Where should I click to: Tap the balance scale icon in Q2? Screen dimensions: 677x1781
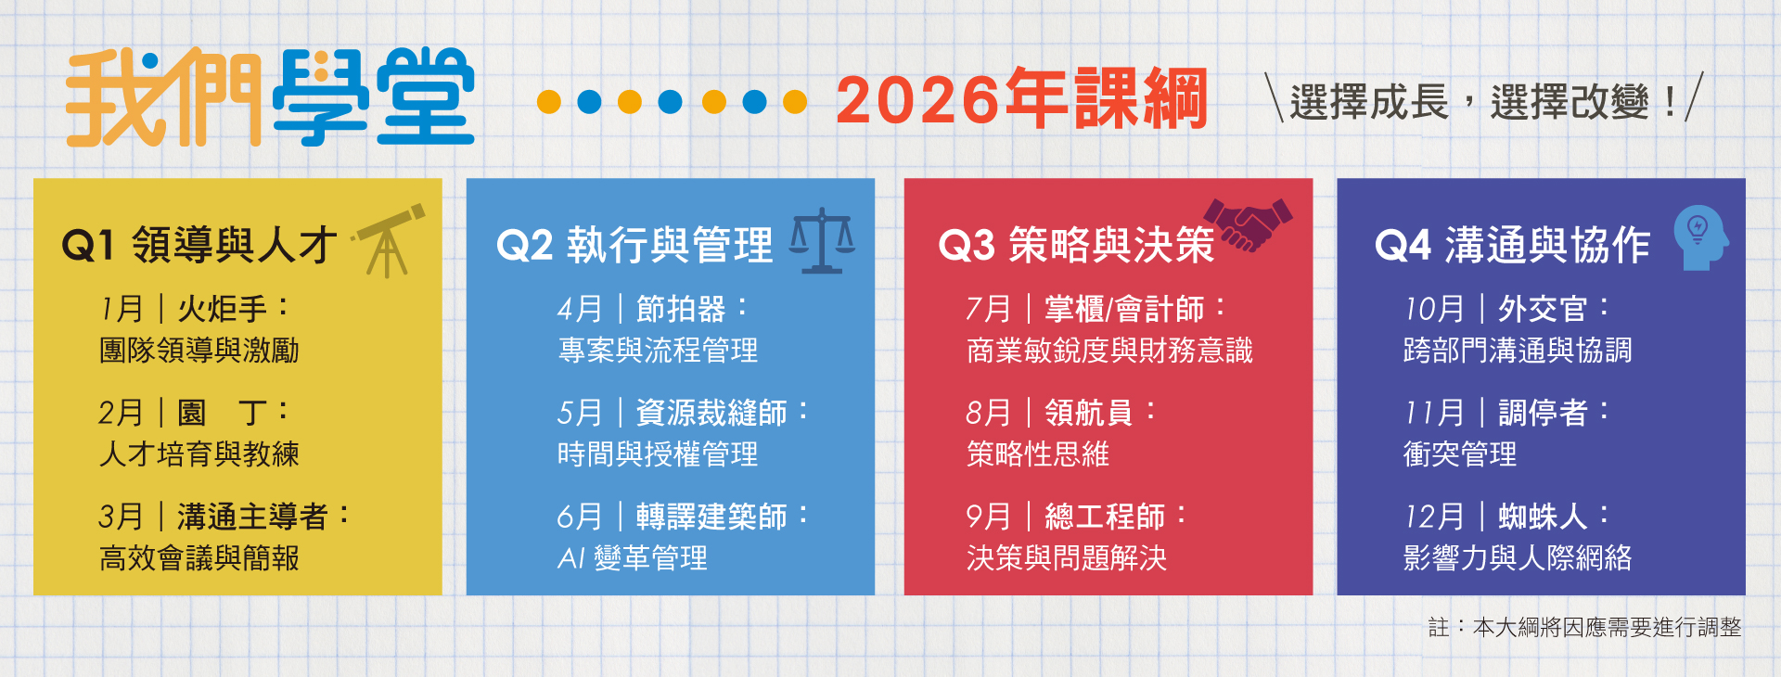point(822,241)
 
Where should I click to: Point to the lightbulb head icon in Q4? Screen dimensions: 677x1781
point(1699,238)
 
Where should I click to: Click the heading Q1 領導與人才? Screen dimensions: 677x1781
point(199,246)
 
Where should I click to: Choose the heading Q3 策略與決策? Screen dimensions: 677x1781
point(1076,246)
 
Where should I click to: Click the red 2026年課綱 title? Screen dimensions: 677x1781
point(1021,99)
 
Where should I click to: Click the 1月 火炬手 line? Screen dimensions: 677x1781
point(195,309)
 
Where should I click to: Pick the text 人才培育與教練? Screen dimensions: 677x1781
point(199,454)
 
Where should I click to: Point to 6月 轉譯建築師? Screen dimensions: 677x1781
point(682,517)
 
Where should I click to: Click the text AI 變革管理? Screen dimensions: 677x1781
point(633,558)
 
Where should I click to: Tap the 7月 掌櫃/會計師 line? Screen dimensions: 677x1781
point(1095,309)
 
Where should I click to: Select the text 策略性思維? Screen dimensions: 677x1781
point(1038,454)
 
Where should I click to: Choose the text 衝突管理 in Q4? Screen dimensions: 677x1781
point(1460,454)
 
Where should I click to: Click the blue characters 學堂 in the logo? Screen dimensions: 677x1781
point(373,97)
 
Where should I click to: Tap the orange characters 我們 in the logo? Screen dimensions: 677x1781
point(162,97)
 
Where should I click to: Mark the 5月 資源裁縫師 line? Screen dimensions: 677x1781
point(682,413)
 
